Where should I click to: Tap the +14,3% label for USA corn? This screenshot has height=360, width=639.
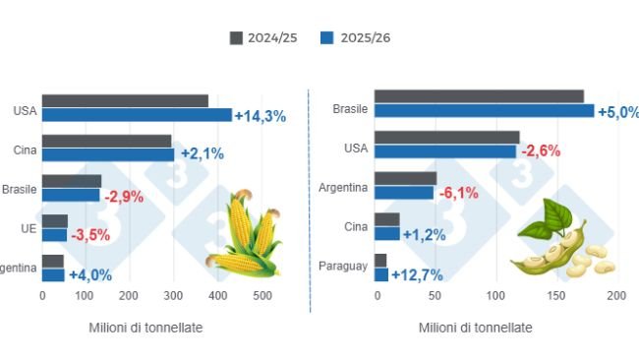coord(260,116)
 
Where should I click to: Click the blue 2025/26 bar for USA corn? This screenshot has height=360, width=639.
coord(137,115)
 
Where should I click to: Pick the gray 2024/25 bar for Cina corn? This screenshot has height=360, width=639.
coord(106,142)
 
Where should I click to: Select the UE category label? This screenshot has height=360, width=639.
coord(28,228)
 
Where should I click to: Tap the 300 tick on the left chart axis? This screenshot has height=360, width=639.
coord(174,295)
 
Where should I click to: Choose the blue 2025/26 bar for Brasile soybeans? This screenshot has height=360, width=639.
coord(484,111)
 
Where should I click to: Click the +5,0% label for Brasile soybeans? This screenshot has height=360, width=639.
coord(620,111)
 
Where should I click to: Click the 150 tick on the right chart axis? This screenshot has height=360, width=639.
coord(556,295)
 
